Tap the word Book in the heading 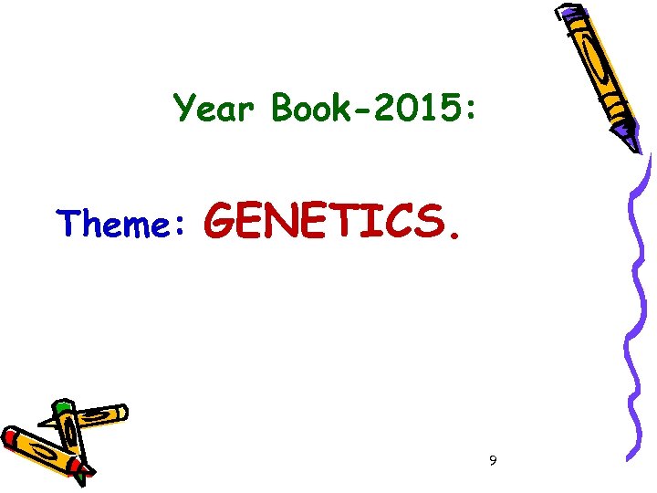coord(311,110)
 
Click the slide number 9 coord(493,461)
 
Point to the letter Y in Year coord(185,110)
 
